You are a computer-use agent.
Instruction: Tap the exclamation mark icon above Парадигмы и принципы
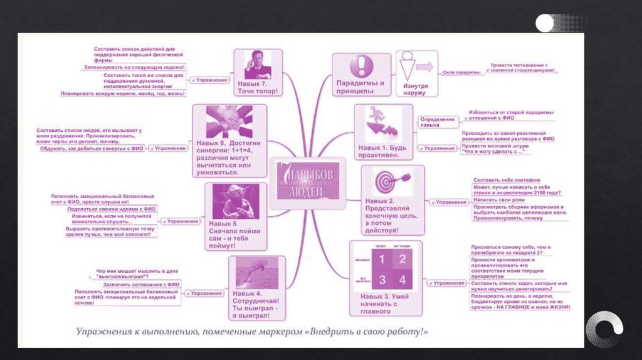coord(360,66)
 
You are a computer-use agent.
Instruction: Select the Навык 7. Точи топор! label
coord(257,87)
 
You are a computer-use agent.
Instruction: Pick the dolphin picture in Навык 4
coord(256,273)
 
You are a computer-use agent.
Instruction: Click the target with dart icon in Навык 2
coord(392,183)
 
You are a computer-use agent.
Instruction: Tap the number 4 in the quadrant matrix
coord(403,279)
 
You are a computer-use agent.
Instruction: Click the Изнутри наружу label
coord(416,89)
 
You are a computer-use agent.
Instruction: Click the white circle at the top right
coord(544,24)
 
